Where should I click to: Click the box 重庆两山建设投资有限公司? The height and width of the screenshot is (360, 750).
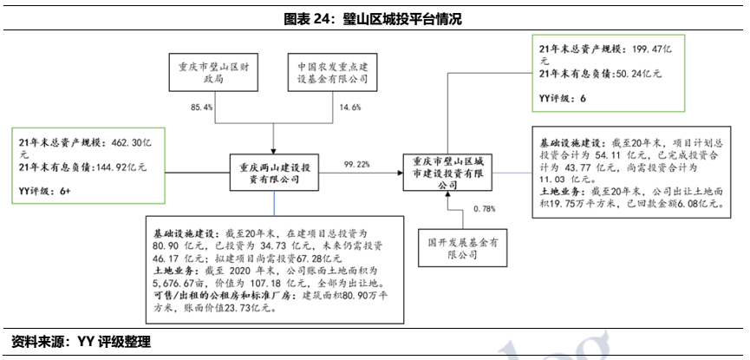tap(273, 170)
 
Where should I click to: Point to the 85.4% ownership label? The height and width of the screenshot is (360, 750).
tap(201, 107)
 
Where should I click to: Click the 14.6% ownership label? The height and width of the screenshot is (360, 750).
tap(349, 107)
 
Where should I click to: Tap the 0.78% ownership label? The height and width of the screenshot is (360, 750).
tap(486, 209)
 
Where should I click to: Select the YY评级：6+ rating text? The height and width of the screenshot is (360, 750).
tap(48, 189)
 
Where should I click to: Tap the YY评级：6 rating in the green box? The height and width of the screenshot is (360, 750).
tap(563, 100)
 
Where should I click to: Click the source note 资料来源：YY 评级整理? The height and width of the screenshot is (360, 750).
tap(81, 342)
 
